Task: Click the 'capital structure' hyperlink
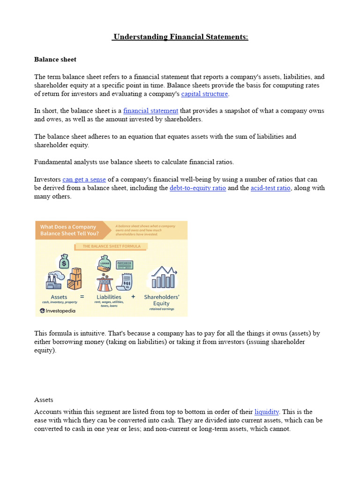204,94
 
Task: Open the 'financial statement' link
150,111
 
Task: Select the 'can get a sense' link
84,180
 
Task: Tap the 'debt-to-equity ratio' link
197,188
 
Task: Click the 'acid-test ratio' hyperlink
270,188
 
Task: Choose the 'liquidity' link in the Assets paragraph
267,412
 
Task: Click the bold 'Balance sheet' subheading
55,60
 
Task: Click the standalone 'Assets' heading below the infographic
44,400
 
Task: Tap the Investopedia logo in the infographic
58,310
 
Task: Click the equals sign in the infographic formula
82,297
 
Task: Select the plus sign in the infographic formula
133,297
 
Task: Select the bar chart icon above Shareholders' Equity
163,277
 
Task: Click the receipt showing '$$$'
126,282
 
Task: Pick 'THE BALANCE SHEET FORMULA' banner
111,246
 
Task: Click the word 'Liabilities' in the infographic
109,297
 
